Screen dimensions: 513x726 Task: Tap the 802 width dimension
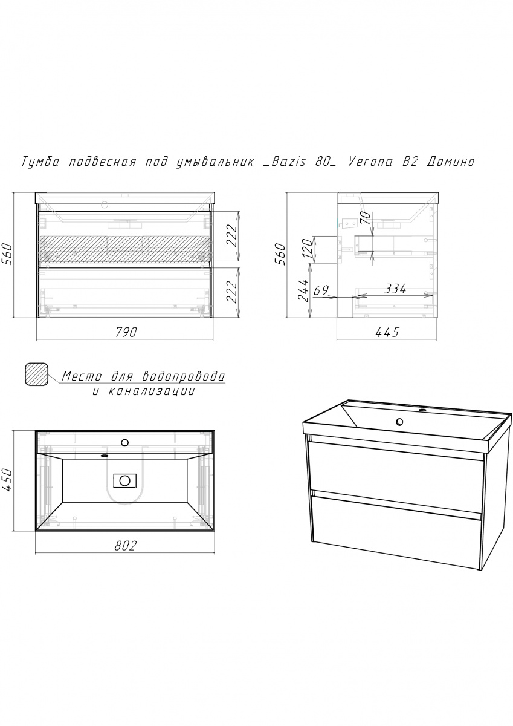coord(125,546)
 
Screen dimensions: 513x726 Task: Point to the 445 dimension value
coord(387,332)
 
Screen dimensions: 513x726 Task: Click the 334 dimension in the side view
coord(395,289)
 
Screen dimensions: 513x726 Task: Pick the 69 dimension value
coord(321,290)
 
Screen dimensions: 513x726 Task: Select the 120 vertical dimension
coord(308,247)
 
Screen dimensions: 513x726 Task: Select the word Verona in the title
coord(370,162)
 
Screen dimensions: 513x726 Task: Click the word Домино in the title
coord(450,162)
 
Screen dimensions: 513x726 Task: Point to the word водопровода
coord(184,376)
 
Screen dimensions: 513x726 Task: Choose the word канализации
coord(151,391)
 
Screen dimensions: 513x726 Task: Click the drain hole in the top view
coord(124,480)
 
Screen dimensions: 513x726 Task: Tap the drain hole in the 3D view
coord(400,422)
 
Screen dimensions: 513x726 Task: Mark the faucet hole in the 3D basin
coord(422,410)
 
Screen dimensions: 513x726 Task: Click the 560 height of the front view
coord(7,255)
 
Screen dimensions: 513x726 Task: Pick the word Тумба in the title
coord(40,162)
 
